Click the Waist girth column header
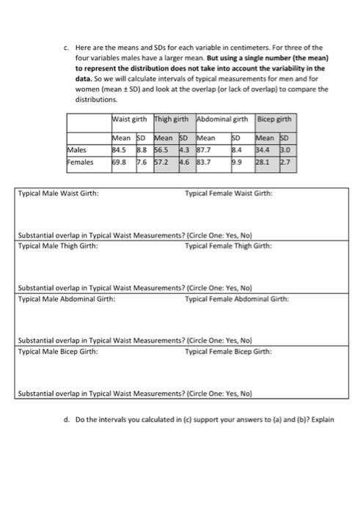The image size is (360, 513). [x=130, y=119]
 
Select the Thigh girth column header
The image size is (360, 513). [x=170, y=119]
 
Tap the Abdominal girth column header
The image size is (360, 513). [x=223, y=119]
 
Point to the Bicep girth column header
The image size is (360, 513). [x=275, y=119]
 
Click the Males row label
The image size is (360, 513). [x=78, y=152]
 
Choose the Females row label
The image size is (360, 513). [x=81, y=162]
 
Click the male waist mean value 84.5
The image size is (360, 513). [x=120, y=152]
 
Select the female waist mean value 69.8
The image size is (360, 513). [x=120, y=162]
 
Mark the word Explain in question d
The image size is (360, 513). [x=323, y=420]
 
